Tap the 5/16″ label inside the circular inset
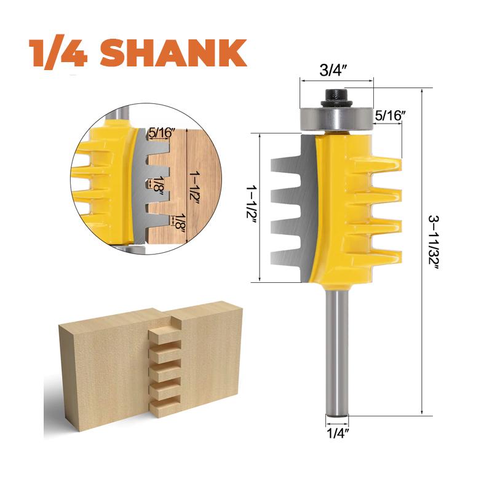(x=162, y=132)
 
